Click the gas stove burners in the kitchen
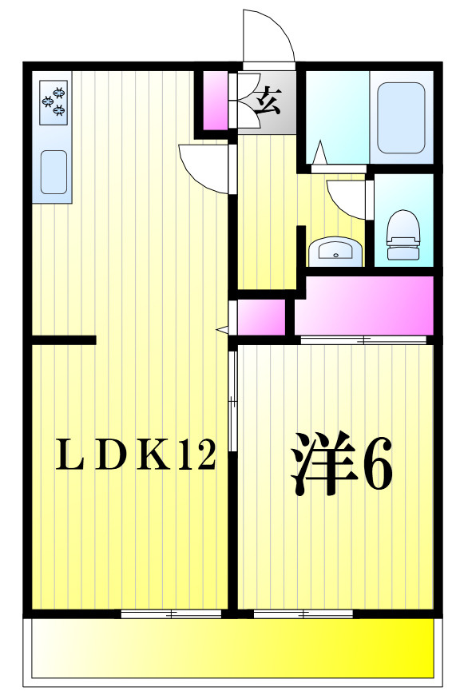[54, 102]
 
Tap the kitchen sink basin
[54, 173]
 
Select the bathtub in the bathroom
[401, 118]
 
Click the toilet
[402, 235]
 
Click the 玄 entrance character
[268, 101]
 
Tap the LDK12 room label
[136, 454]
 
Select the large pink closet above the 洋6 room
[364, 305]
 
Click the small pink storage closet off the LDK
[261, 317]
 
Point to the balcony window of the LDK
[171, 614]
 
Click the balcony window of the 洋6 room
[303, 614]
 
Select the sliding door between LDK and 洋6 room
[233, 402]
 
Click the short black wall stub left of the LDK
[64, 340]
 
